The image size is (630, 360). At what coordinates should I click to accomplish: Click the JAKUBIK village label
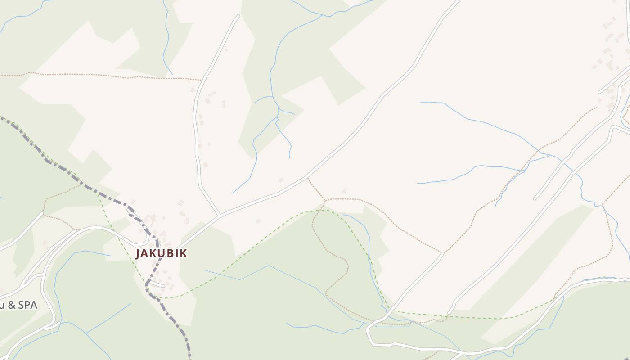[161, 253]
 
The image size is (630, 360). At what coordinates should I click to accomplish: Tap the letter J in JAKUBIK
[139, 253]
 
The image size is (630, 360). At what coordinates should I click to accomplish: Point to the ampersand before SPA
[12, 305]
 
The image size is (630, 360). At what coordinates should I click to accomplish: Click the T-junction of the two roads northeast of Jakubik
[219, 216]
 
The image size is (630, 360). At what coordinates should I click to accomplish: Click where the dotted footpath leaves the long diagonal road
[308, 179]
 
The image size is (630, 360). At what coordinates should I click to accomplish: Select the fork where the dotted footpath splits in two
[326, 200]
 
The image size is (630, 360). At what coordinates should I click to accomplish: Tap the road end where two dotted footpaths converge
[443, 252]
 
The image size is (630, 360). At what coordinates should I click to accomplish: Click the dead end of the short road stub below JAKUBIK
[164, 285]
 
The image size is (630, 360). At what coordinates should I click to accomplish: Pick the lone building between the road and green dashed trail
[258, 221]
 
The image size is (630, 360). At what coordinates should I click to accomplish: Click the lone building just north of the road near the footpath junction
[281, 180]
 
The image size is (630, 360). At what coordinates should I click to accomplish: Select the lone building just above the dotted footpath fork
[344, 191]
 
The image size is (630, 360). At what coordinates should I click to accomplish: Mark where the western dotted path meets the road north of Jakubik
[200, 80]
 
